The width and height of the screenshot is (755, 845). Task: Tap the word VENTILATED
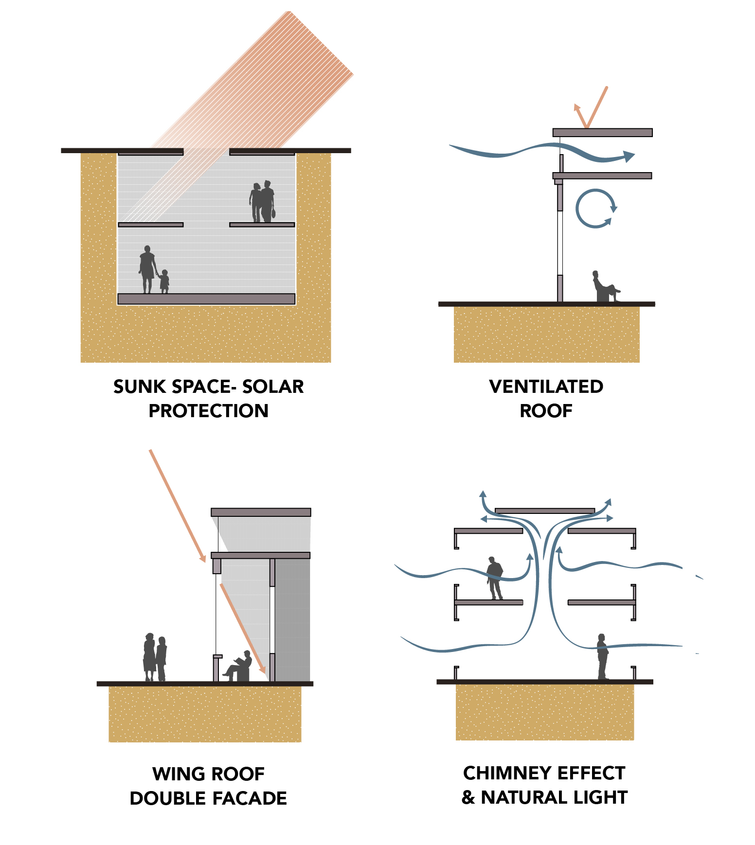[x=546, y=387]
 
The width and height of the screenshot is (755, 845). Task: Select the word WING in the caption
[x=175, y=774]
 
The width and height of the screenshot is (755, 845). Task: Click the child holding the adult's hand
[x=164, y=282]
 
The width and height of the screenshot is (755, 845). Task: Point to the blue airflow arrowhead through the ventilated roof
[x=629, y=156]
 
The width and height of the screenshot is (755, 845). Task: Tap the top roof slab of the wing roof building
[x=261, y=512]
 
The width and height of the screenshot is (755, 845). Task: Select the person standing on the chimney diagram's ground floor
[x=603, y=656]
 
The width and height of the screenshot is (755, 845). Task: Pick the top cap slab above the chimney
[x=545, y=511]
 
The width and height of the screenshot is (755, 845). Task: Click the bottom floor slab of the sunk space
[x=206, y=299]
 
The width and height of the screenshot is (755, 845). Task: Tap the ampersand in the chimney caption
[x=468, y=797]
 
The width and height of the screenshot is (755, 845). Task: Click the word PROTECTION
[x=208, y=411]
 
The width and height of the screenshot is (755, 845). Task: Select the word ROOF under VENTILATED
[x=546, y=411]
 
